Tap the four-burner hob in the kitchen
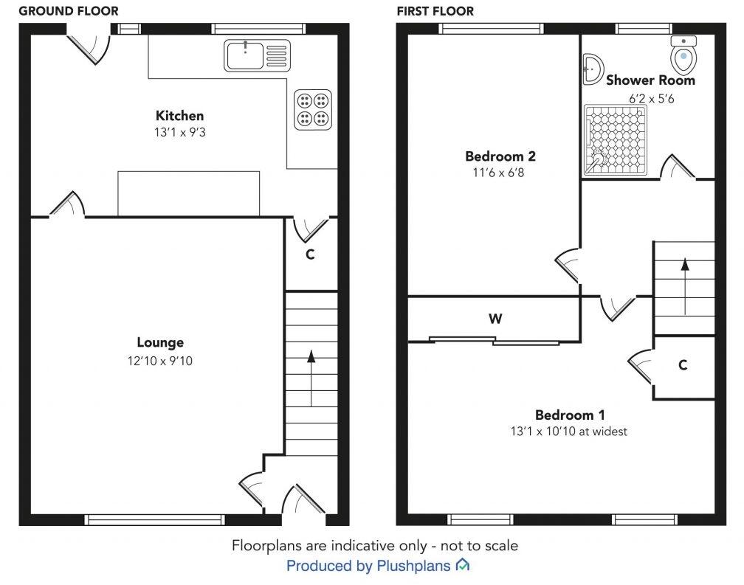point(312,109)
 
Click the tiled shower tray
point(615,140)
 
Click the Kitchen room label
point(179,116)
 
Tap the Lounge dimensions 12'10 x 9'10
point(160,361)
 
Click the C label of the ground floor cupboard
point(310,255)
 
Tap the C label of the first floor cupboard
point(683,364)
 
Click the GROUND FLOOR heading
point(68,11)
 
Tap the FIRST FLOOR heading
point(435,11)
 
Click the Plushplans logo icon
point(463,566)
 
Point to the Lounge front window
point(154,519)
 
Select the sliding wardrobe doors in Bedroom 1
point(495,341)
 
